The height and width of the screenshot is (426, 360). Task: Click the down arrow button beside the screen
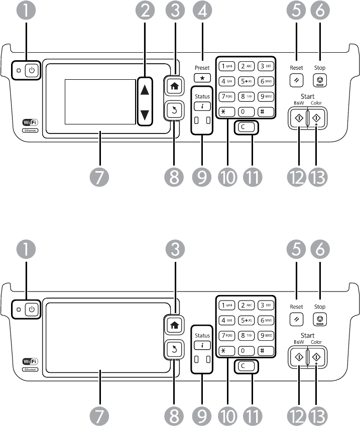(x=145, y=114)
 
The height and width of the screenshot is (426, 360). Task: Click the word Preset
(x=202, y=68)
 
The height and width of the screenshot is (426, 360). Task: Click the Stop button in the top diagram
(x=320, y=79)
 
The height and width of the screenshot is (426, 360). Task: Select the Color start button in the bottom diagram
(x=316, y=358)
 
